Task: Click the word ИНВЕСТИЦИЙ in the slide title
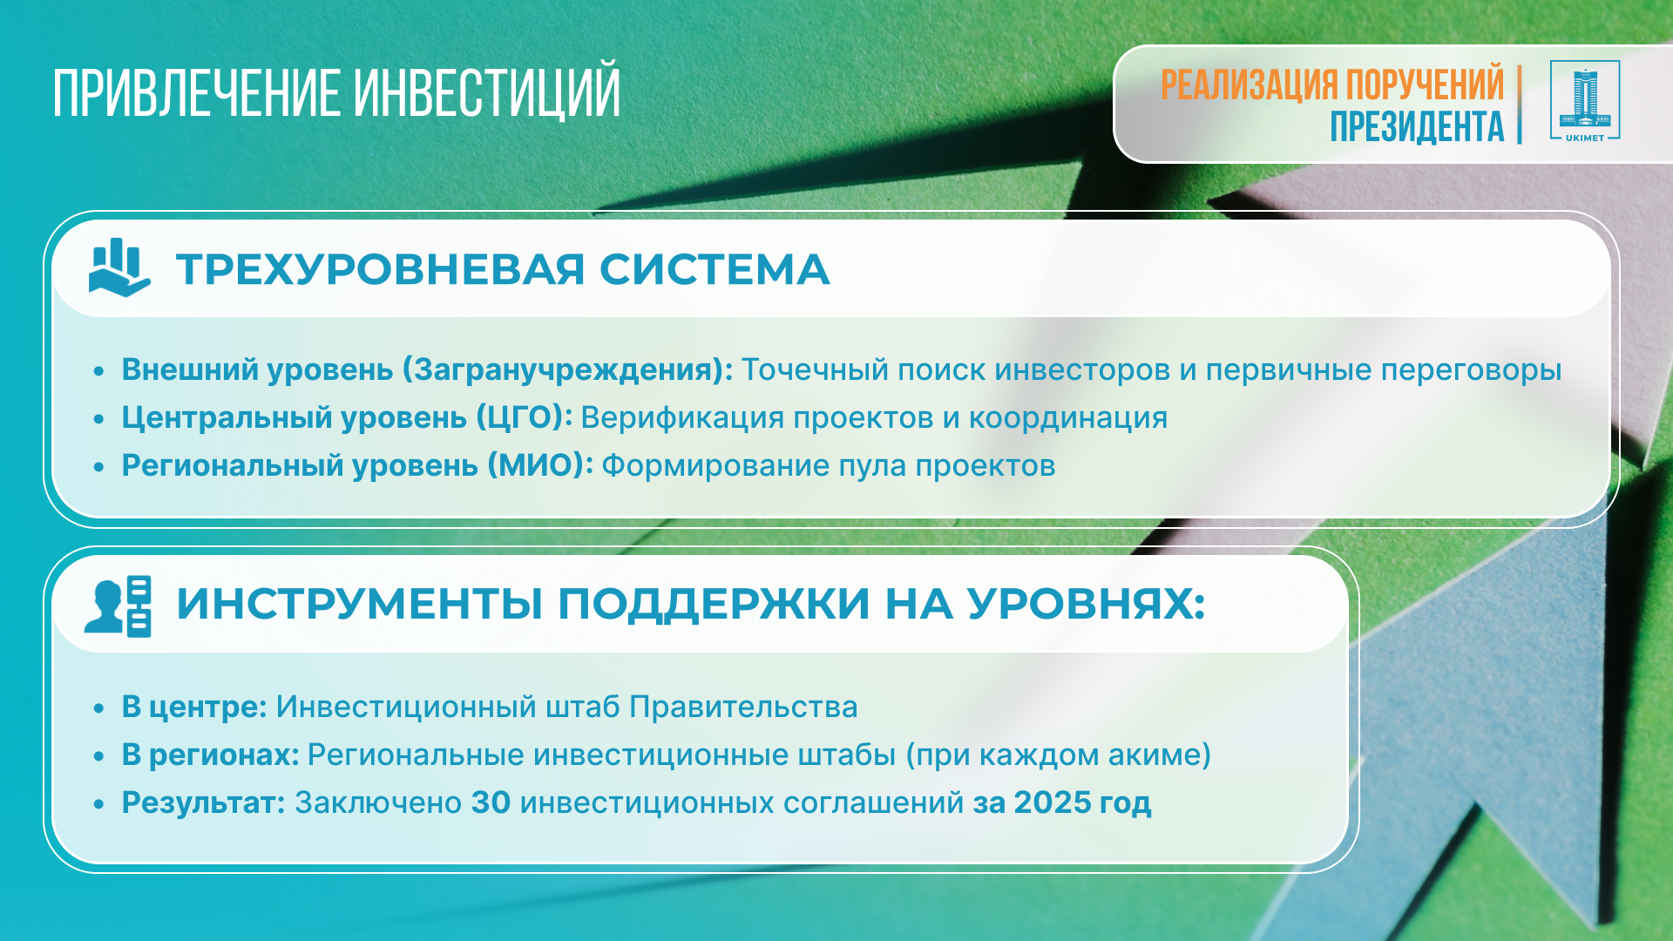pos(487,91)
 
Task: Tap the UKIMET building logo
pos(1585,101)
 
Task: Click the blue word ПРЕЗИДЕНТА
pos(1417,126)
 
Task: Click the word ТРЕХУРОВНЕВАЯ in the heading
pos(380,269)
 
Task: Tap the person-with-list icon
pos(118,606)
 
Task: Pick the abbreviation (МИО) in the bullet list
pos(540,465)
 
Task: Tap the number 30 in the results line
pos(491,802)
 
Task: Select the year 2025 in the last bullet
pos(1052,802)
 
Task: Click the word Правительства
pos(743,707)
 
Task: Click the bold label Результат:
pos(204,803)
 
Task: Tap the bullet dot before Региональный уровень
pos(99,467)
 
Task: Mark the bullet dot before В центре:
pos(99,708)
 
